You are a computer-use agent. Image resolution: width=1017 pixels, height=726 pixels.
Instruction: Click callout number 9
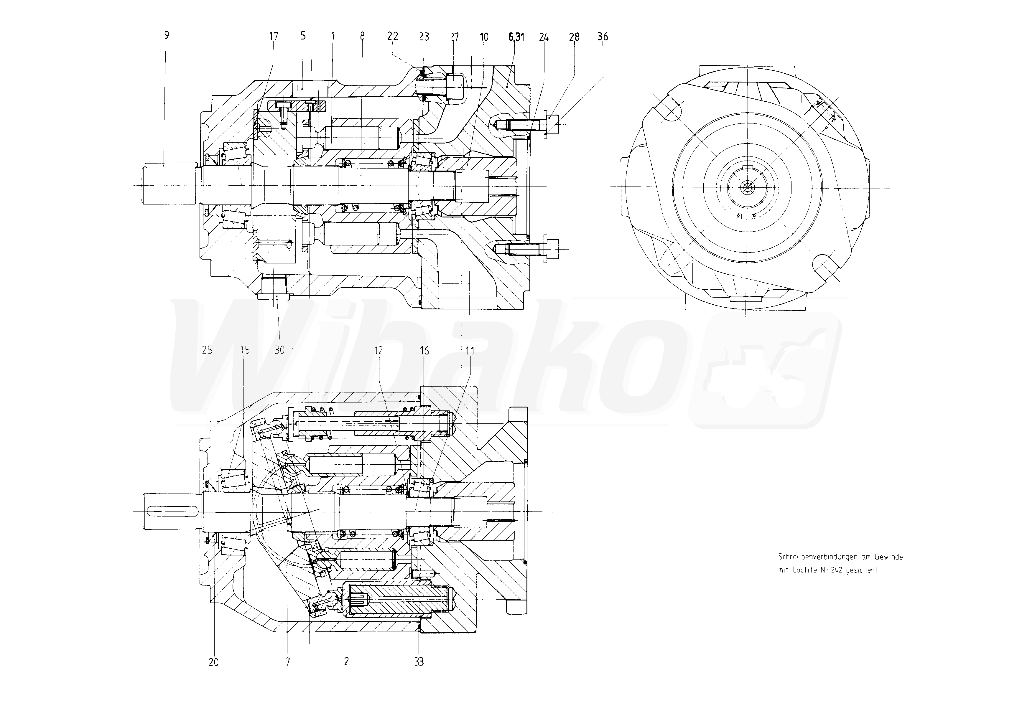click(167, 35)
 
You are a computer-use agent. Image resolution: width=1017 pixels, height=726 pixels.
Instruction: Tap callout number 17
click(274, 36)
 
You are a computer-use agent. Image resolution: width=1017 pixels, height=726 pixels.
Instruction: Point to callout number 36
click(603, 37)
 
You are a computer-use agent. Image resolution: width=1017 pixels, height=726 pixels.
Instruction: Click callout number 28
click(574, 37)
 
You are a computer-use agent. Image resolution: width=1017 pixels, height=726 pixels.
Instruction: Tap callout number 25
click(207, 350)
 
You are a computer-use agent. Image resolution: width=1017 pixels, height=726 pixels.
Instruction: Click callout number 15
click(245, 350)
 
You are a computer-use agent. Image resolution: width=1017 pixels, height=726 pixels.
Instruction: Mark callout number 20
click(214, 662)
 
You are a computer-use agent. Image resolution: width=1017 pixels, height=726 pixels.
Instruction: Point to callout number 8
click(362, 36)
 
